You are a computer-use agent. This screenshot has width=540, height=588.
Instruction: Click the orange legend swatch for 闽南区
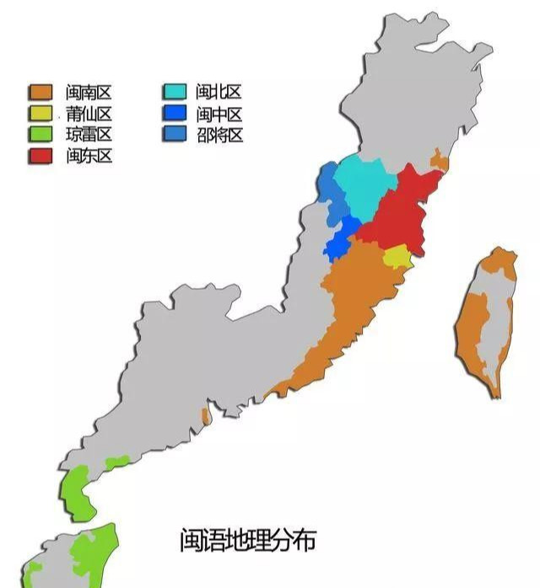pyautogui.click(x=42, y=93)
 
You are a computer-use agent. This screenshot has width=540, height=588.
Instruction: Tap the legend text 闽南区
pyautogui.click(x=89, y=93)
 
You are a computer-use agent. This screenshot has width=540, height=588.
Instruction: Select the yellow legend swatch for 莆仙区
pyautogui.click(x=42, y=114)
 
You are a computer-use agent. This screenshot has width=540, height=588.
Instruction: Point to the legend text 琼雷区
pyautogui.click(x=89, y=135)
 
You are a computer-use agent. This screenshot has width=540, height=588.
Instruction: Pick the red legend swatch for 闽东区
pyautogui.click(x=42, y=156)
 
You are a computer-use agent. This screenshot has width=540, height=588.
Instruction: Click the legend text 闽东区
pyautogui.click(x=89, y=156)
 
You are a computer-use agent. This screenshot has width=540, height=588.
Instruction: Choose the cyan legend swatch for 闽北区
pyautogui.click(x=175, y=93)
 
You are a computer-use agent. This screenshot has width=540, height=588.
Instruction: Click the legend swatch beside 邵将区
pyautogui.click(x=175, y=135)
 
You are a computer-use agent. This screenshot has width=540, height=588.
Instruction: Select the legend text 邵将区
pyautogui.click(x=219, y=135)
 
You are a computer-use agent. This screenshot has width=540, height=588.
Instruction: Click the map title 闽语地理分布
pyautogui.click(x=247, y=539)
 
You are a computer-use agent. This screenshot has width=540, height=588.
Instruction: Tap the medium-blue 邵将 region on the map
pyautogui.click(x=332, y=190)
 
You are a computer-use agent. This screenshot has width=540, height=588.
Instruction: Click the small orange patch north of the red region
pyautogui.click(x=439, y=160)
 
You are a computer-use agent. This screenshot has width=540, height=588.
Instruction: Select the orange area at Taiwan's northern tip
pyautogui.click(x=499, y=262)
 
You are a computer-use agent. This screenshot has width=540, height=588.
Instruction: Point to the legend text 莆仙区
pyautogui.click(x=89, y=114)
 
